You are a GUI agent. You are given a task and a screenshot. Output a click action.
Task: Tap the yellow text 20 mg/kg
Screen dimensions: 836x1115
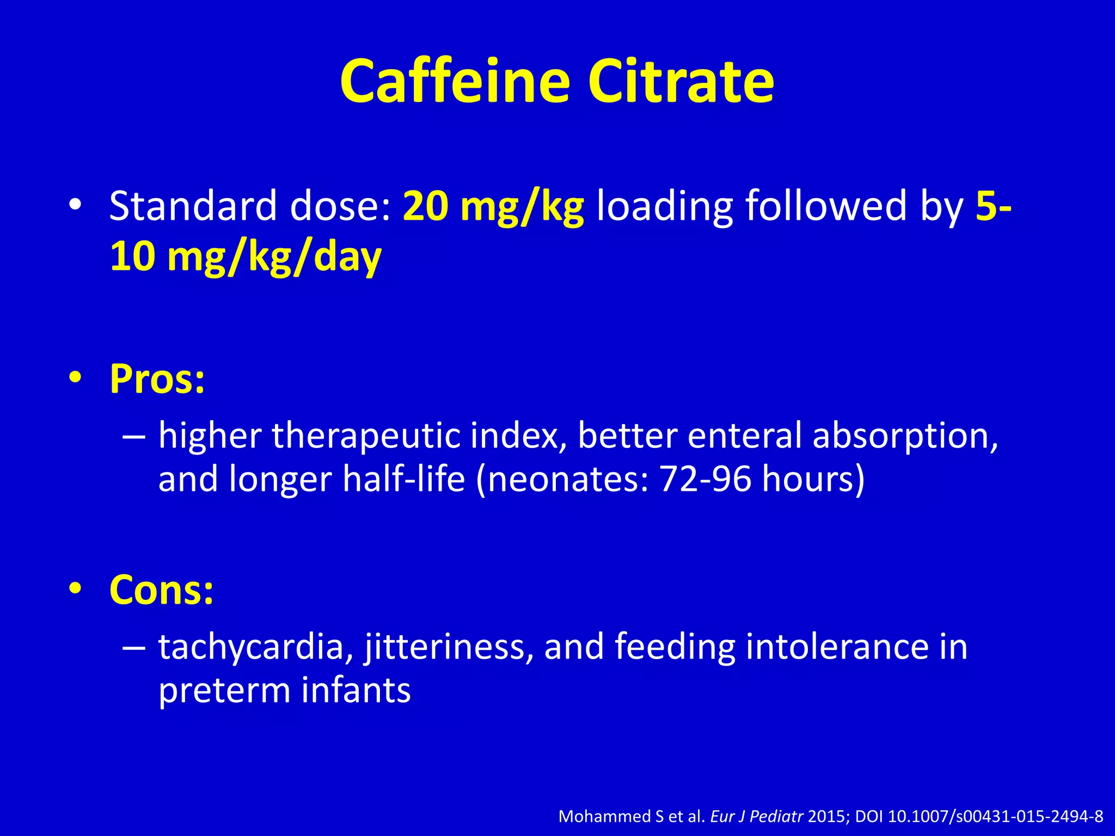click(x=493, y=207)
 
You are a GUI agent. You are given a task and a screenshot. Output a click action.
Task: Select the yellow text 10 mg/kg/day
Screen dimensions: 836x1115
click(x=246, y=257)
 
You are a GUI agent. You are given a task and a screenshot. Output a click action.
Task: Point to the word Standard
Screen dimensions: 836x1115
click(x=193, y=207)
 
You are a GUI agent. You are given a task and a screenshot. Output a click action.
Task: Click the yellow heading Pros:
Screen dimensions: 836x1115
click(x=157, y=378)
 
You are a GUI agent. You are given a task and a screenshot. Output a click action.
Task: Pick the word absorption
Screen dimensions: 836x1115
click(x=905, y=437)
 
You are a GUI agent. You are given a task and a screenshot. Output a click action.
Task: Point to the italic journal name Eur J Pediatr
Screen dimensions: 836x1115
click(x=757, y=816)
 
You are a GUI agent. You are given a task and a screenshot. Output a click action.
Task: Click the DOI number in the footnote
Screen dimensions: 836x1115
click(x=996, y=816)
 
